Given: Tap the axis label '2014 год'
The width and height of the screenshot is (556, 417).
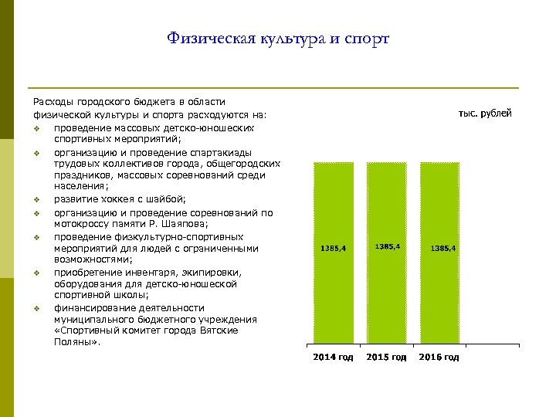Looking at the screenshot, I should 333,358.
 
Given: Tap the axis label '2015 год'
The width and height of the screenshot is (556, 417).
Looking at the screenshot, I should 386,358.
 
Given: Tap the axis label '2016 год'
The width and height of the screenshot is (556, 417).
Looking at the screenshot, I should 439,358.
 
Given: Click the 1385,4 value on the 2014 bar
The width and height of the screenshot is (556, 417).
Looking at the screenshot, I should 333,249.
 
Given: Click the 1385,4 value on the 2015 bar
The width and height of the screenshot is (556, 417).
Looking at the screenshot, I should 387,246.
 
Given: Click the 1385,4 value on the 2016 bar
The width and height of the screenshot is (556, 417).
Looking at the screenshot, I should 443,249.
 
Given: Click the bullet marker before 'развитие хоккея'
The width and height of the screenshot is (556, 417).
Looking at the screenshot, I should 36,201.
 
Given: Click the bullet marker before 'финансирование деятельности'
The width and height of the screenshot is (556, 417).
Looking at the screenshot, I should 36,307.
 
